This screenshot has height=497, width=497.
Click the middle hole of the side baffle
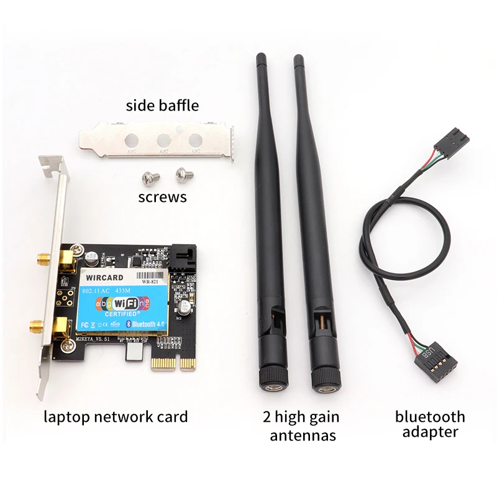click(164, 140)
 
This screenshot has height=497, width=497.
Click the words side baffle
click(162, 105)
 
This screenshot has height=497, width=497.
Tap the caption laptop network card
click(116, 416)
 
